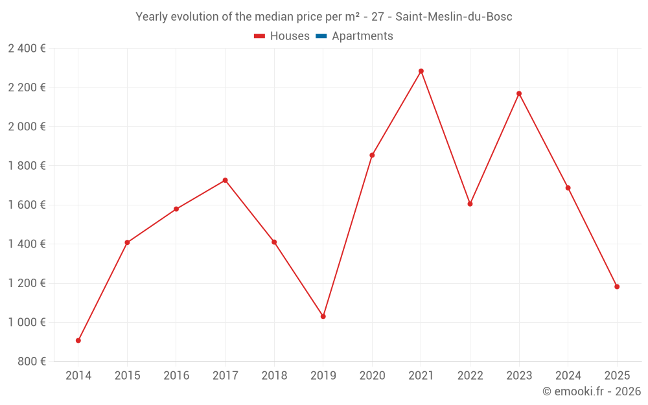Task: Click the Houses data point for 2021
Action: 421,71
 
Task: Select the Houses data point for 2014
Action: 78,340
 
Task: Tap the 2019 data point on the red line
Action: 323,316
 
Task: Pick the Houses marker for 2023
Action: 519,93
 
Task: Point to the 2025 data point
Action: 617,286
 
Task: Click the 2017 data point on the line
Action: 225,180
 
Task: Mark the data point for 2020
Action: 372,156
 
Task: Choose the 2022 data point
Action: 470,204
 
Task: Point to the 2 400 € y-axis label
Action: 27,48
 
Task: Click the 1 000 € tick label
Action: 27,322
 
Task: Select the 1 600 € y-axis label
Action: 27,205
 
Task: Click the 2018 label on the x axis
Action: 274,375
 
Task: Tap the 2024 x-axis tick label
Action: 568,375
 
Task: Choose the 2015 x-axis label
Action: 127,375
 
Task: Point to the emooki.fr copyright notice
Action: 591,391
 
